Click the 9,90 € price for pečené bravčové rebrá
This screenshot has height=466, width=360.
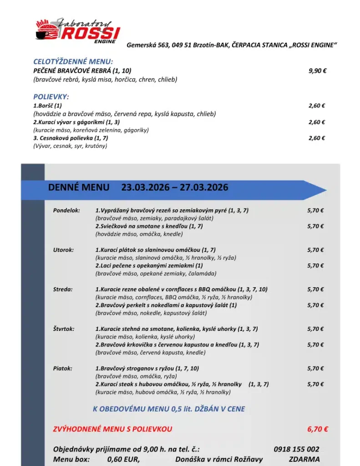tap(317, 71)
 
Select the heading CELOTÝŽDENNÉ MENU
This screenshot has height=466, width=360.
tap(73, 62)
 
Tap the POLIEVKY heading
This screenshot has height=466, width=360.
tap(51, 97)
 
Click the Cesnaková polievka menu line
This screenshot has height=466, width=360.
tap(71, 138)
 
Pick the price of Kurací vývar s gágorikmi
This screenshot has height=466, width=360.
tap(316, 122)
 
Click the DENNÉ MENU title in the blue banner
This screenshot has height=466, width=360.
tap(79, 187)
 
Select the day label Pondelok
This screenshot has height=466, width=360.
tap(66, 210)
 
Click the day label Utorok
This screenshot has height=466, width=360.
tap(63, 250)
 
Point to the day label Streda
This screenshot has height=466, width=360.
tap(63, 289)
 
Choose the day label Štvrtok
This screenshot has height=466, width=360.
tap(64, 329)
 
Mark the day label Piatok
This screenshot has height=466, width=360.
tap(62, 369)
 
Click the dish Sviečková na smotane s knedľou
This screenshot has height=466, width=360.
tap(149, 226)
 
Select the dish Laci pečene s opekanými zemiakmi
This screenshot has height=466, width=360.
tap(149, 266)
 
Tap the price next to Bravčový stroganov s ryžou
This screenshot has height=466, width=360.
tap(315, 369)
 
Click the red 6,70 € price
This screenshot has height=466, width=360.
tap(318, 429)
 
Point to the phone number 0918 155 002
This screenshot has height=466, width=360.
tap(296, 449)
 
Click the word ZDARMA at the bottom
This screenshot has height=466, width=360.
tap(304, 459)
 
